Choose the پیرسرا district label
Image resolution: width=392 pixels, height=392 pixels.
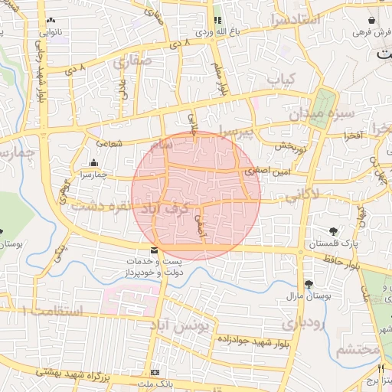[234, 130]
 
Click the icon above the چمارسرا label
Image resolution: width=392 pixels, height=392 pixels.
[94, 162]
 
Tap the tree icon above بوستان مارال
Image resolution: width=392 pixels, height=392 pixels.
[309, 283]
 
